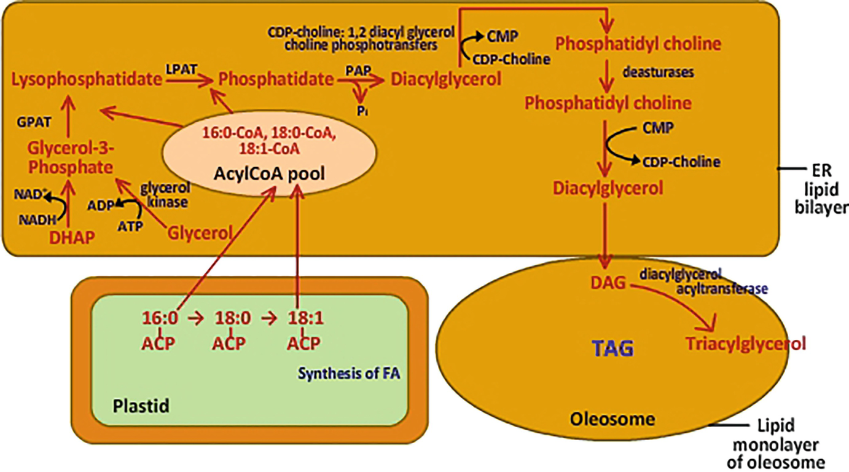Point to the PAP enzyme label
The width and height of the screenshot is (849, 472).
tap(358, 71)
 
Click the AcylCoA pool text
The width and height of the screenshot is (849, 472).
tap(269, 174)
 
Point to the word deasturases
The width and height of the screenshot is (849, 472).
tap(658, 72)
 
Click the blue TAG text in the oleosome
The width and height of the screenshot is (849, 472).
tap(612, 349)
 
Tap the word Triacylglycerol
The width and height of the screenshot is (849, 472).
tap(745, 343)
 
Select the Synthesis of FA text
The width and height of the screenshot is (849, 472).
tap(349, 372)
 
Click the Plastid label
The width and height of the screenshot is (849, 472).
tap(141, 406)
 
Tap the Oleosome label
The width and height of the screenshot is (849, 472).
tap(612, 420)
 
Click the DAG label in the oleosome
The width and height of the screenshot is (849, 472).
tap(608, 283)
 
